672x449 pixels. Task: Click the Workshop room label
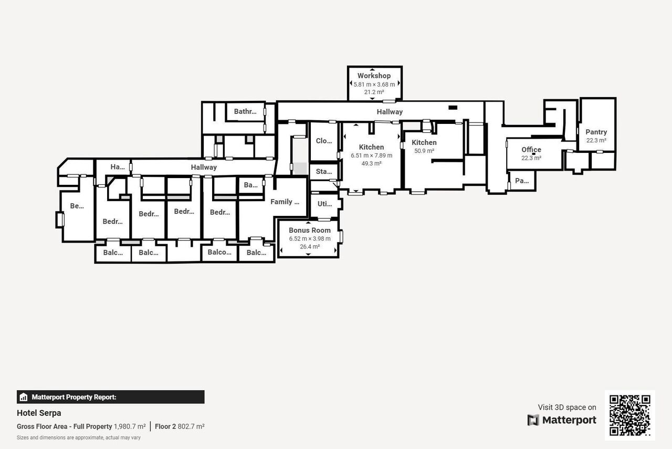[x=374, y=76]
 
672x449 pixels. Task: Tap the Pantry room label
[x=596, y=132]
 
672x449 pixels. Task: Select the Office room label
[x=531, y=150]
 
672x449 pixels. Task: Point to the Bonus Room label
[x=310, y=230]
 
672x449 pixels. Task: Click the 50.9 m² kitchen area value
[x=424, y=151]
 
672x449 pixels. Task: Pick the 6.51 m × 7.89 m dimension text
[x=371, y=155]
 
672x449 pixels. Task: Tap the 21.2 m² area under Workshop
[x=374, y=92]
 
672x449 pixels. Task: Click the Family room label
[x=285, y=202]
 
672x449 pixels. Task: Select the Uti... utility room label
[x=324, y=204]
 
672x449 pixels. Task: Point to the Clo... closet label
[x=324, y=141]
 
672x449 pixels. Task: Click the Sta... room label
[x=324, y=171]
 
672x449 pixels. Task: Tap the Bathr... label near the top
[x=245, y=111]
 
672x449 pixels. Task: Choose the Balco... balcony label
[x=219, y=252]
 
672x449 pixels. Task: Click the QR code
[x=629, y=415]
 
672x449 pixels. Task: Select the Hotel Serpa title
[x=39, y=413]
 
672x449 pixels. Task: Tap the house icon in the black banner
[x=24, y=397]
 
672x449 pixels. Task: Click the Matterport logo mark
[x=533, y=420]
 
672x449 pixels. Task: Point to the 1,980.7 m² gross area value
[x=130, y=426]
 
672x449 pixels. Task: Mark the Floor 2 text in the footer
[x=165, y=426]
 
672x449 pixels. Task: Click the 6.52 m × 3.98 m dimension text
[x=310, y=238]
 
